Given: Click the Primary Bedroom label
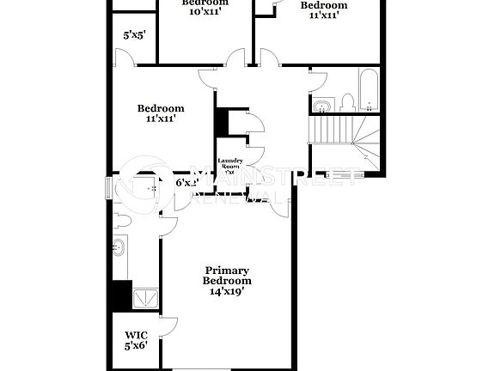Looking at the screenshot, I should (227, 275).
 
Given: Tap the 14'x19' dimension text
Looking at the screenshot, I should (227, 291).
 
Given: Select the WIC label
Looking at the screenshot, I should (136, 335).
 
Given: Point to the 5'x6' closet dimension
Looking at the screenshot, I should (136, 345).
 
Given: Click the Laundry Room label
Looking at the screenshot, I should (229, 164).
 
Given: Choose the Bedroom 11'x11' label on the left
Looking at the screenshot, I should (161, 113).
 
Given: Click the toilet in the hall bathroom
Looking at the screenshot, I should (347, 104).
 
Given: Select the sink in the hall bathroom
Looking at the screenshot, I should (321, 107).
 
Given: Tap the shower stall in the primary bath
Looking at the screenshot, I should (144, 297).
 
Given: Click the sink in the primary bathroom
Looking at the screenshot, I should (119, 248).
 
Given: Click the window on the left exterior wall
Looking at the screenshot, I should (108, 187).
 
